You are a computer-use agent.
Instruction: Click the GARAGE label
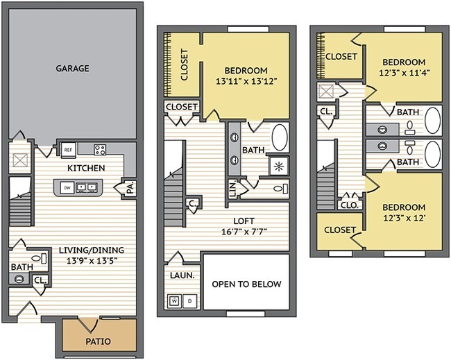pyautogui.click(x=72, y=68)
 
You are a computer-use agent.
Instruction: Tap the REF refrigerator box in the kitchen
pyautogui.click(x=68, y=149)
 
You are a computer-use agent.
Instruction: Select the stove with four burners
pyautogui.click(x=100, y=148)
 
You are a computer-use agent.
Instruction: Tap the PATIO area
pyautogui.click(x=98, y=341)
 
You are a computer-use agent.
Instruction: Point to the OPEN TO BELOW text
pyautogui.click(x=246, y=284)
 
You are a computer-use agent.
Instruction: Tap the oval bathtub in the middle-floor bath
pyautogui.click(x=280, y=137)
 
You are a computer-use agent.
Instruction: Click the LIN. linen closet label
pyautogui.click(x=233, y=189)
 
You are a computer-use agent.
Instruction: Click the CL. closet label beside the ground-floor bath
pyautogui.click(x=40, y=282)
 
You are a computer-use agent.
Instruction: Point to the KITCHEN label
pyautogui.click(x=86, y=168)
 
